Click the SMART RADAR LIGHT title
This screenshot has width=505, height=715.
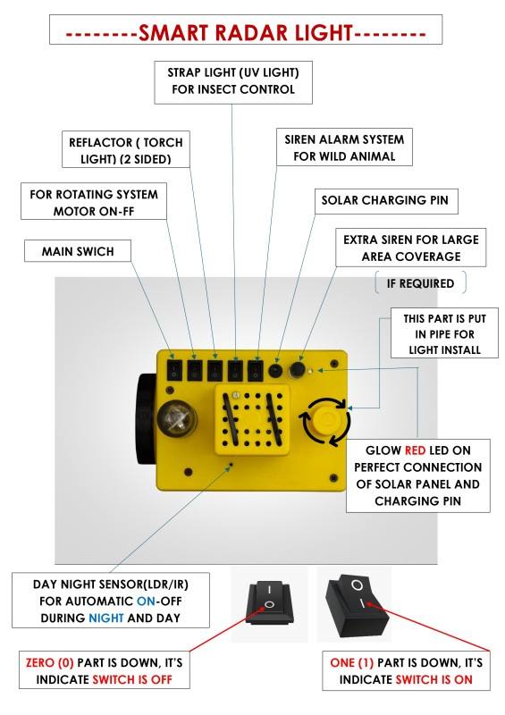click(246, 33)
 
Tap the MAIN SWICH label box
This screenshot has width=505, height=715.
click(78, 251)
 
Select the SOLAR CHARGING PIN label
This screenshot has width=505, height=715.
click(385, 200)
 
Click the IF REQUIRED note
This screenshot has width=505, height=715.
click(420, 283)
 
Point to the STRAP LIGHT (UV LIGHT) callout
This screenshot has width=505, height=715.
click(233, 82)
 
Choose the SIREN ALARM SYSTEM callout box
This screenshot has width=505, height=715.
click(344, 147)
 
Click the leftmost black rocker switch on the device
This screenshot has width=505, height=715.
click(173, 370)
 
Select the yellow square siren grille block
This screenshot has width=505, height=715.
click(252, 419)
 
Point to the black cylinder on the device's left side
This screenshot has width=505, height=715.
click(147, 419)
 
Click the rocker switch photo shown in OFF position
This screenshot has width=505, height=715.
click(269, 601)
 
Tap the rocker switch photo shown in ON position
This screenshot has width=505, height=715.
click(357, 606)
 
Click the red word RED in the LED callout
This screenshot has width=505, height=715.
click(415, 450)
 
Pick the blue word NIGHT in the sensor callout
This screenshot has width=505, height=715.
click(105, 618)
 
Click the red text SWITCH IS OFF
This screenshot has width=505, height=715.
click(132, 679)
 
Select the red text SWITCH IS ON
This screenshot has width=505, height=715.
click(433, 679)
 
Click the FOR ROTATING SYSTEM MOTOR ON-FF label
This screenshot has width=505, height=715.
click(94, 203)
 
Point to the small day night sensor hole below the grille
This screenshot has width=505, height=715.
click(231, 465)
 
